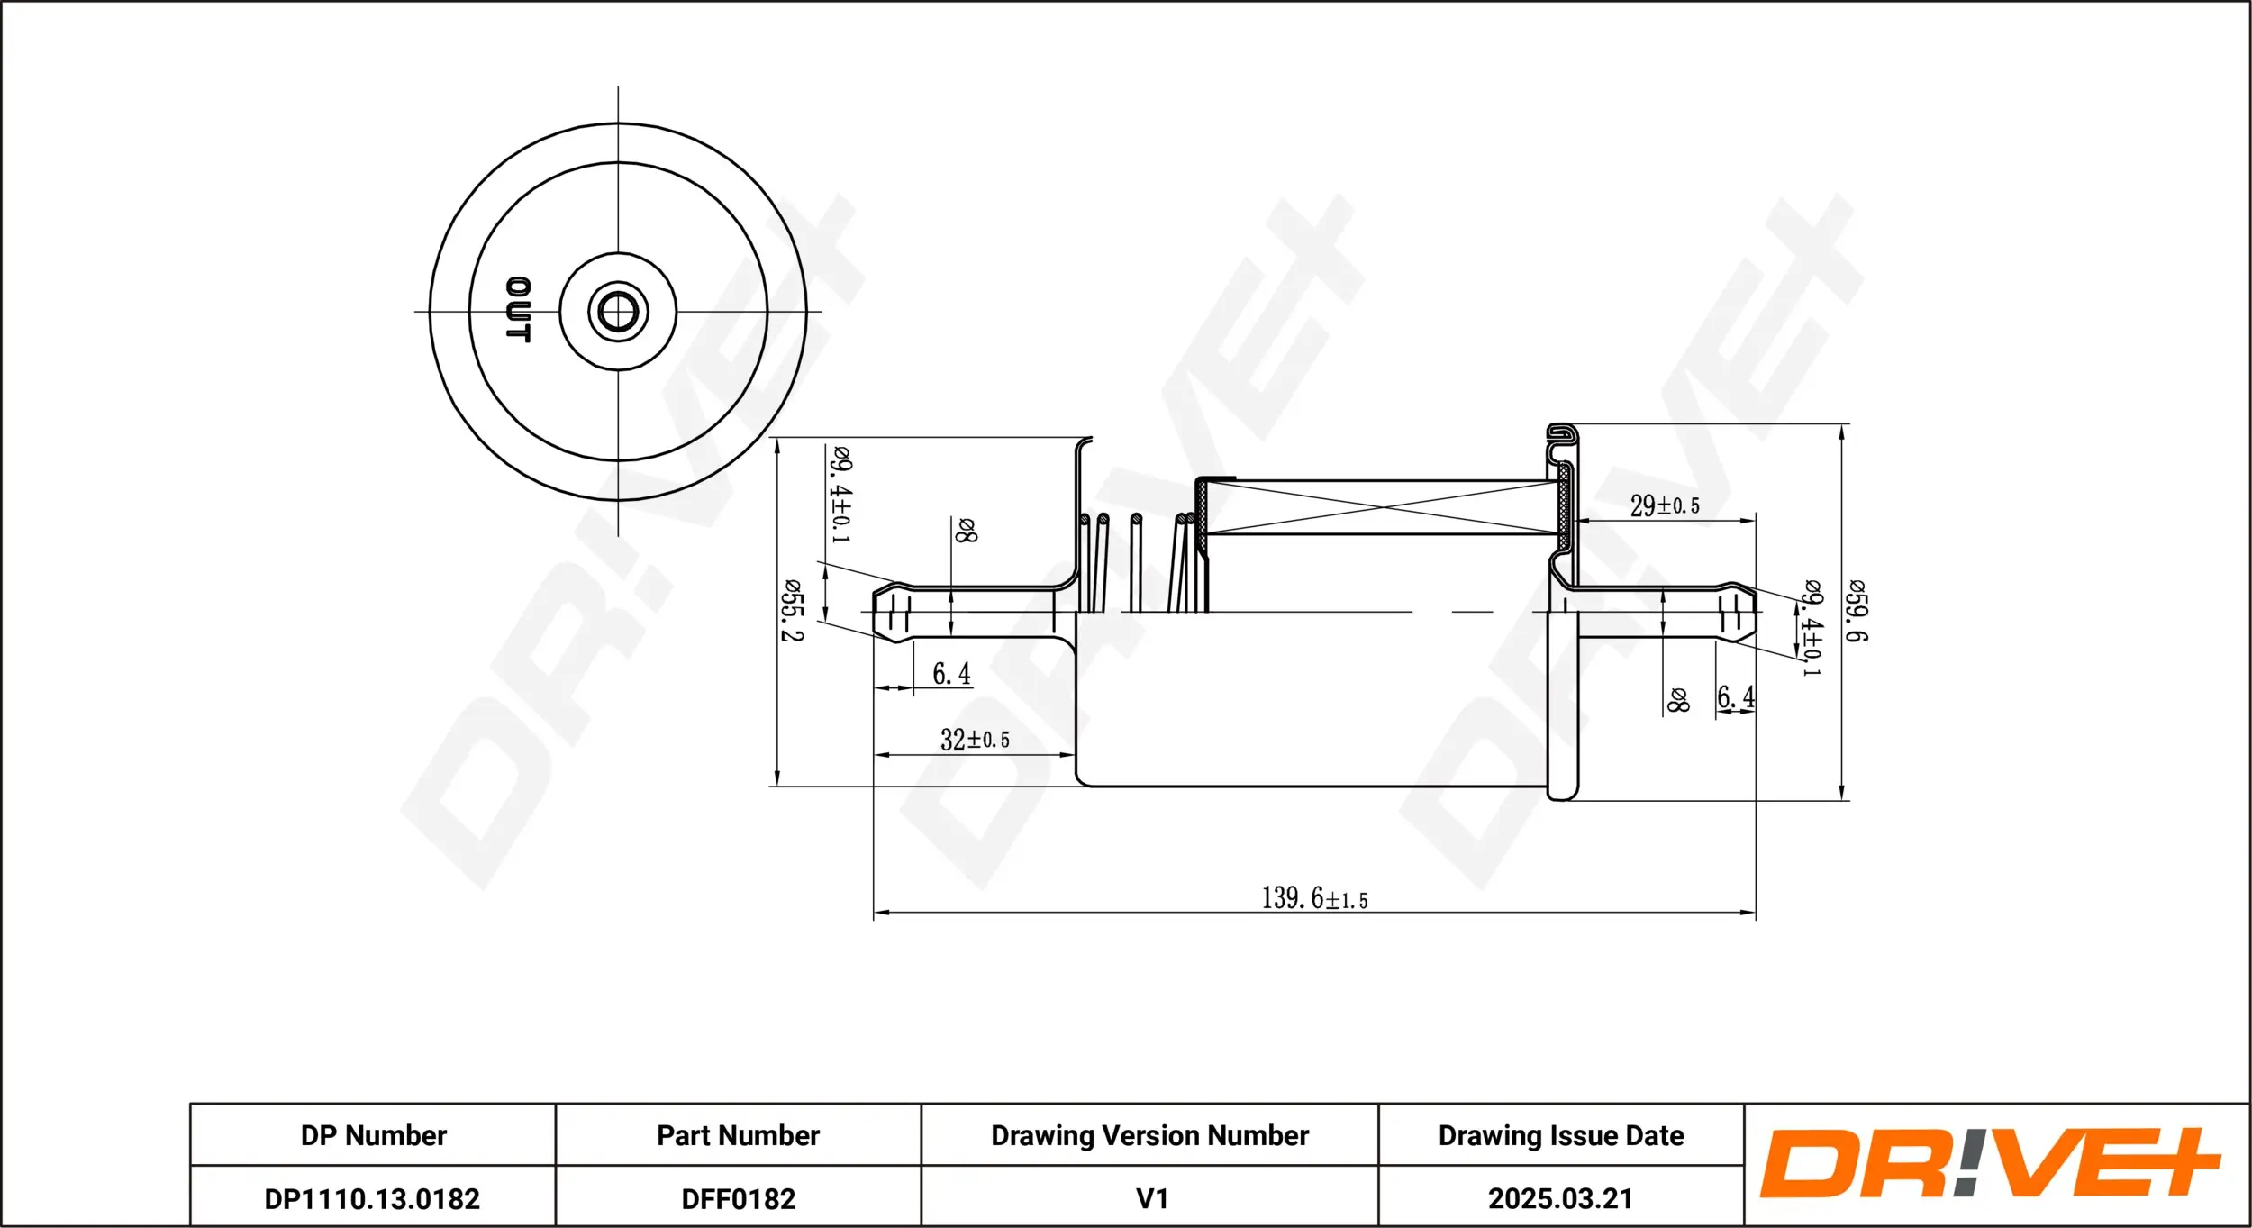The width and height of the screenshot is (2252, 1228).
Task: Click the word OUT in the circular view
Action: [x=518, y=310]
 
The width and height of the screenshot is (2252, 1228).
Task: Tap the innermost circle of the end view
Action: [x=618, y=312]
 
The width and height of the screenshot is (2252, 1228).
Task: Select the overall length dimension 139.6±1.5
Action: [x=1314, y=898]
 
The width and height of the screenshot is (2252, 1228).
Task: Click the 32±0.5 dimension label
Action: [x=975, y=740]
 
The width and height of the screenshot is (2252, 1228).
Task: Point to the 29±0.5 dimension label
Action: [x=1665, y=505]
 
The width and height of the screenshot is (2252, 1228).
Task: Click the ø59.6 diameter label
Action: [x=1857, y=611]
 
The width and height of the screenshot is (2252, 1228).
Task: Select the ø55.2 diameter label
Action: [x=791, y=610]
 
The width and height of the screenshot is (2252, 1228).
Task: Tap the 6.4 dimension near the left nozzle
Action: [x=951, y=673]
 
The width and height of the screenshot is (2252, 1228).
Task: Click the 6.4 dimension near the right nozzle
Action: [x=1735, y=696]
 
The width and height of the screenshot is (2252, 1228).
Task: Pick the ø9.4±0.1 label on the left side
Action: [x=840, y=495]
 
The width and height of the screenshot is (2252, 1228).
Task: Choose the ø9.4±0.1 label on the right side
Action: [x=1812, y=628]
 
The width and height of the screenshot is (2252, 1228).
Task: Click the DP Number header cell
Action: [x=373, y=1135]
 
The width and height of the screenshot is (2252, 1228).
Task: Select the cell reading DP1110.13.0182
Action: [x=372, y=1198]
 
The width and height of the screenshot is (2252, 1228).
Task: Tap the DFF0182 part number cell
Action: [x=738, y=1198]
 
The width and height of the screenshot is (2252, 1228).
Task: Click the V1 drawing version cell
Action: [x=1151, y=1198]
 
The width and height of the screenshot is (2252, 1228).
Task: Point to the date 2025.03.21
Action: [x=1560, y=1198]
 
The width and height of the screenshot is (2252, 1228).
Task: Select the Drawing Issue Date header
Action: [x=1560, y=1135]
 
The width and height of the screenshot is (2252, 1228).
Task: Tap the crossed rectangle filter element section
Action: [x=1383, y=507]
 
